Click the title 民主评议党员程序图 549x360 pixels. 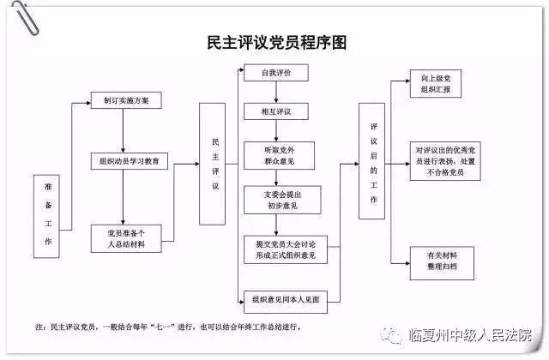pos(277,42)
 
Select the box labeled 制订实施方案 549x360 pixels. pos(126,100)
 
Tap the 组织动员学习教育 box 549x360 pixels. pos(130,161)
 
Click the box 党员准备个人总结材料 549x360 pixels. pos(126,238)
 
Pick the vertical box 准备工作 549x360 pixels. pos(46,216)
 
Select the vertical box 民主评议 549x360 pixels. pos(212,164)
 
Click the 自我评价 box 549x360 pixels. pos(276,73)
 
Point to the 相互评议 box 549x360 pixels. pos(276,111)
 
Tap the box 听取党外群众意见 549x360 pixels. pos(279,156)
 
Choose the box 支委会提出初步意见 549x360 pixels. pos(282,200)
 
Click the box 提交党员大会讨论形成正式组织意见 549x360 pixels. pos(286,249)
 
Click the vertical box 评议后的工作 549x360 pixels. pos(371,161)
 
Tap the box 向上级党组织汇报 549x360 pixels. pos(436,84)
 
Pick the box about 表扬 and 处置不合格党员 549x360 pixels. pos(445,161)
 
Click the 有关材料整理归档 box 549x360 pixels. pos(442,263)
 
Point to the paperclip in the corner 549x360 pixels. pos(25,17)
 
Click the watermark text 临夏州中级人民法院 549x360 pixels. pos(469,335)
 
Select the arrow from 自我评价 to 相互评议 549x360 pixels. pos(276,92)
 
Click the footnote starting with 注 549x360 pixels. pos(168,327)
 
